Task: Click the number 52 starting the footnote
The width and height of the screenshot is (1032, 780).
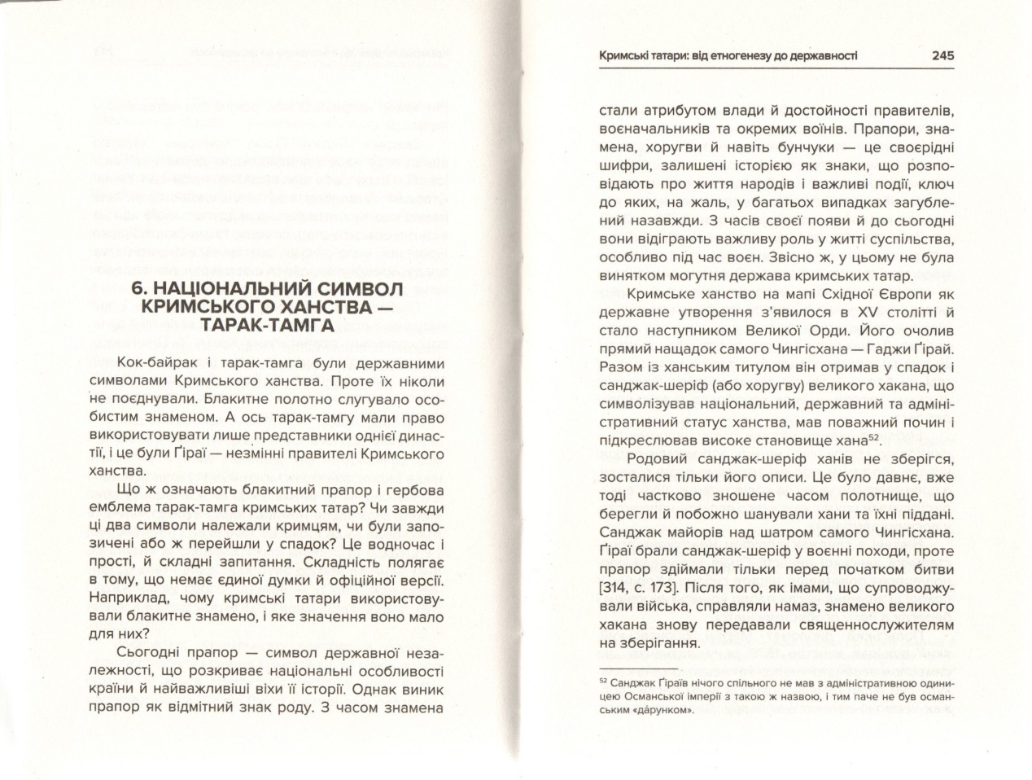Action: tap(603, 681)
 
